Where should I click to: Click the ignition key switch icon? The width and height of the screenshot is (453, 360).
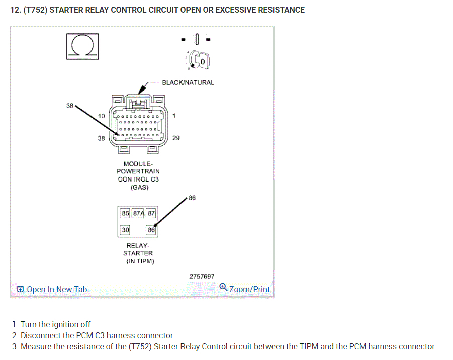click(200, 62)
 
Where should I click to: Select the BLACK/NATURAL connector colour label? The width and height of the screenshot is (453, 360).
click(188, 82)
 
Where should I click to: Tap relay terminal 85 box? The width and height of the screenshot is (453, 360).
click(125, 213)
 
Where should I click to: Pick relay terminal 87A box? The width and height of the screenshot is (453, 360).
click(138, 213)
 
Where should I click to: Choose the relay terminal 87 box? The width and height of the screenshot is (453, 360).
click(151, 213)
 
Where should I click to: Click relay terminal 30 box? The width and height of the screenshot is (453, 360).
click(125, 230)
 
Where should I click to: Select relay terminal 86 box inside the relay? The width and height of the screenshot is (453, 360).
click(151, 230)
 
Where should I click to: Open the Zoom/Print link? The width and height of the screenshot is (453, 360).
click(245, 289)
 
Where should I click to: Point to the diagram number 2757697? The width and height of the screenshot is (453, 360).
click(202, 276)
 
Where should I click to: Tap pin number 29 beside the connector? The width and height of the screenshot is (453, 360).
click(176, 138)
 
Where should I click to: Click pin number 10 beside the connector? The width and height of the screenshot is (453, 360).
click(102, 116)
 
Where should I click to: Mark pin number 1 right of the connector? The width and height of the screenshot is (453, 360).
click(174, 116)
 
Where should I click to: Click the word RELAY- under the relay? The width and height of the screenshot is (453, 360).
click(138, 246)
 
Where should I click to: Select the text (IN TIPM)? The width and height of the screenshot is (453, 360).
click(139, 261)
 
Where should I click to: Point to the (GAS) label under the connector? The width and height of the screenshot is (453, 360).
click(139, 187)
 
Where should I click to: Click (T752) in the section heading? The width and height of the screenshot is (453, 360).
click(37, 10)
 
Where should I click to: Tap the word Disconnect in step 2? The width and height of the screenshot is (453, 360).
click(40, 335)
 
